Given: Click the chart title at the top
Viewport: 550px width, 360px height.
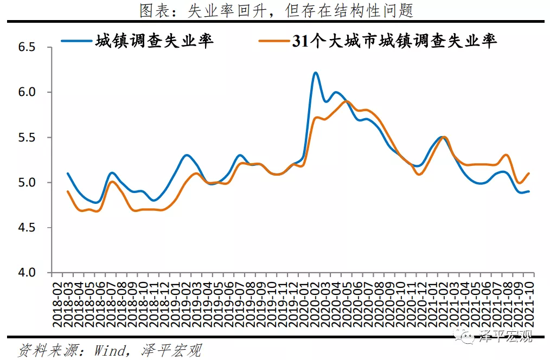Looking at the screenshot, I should click(275, 10).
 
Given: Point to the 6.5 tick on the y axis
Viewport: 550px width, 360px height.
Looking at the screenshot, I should click(27, 48).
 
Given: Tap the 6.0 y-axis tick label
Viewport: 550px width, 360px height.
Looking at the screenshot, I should click(27, 93).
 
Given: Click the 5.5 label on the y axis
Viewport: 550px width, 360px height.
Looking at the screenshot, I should click(27, 138).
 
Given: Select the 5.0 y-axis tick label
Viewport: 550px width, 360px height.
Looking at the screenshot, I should click(27, 183).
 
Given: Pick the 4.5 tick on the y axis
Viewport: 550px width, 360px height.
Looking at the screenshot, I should click(27, 228).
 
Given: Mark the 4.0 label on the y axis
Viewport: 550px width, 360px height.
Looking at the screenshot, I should click(27, 273).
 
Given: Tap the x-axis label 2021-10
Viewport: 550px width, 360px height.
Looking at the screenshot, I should click(530, 304).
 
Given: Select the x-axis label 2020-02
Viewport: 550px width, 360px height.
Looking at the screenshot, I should click(315, 304).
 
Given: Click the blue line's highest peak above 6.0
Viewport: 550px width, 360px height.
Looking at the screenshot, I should click(316, 72).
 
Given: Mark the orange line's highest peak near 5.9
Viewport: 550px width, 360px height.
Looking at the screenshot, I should click(347, 101).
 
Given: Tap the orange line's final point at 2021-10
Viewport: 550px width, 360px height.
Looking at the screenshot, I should click(529, 173).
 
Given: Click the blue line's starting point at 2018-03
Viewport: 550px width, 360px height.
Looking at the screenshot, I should click(68, 173).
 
